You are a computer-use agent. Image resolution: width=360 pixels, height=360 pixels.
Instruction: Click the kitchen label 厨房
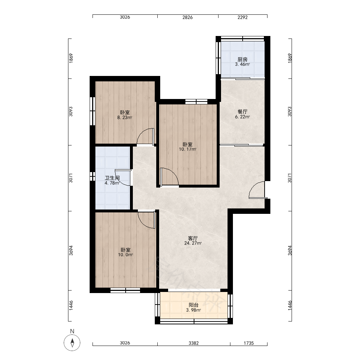point(242,59)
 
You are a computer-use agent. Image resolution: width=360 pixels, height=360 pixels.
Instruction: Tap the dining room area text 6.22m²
point(242,117)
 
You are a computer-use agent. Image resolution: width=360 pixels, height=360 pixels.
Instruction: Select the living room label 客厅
point(193,238)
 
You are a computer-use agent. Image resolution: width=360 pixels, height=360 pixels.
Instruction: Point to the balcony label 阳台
point(194,305)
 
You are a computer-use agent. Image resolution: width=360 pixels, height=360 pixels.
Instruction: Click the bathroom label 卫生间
point(112,178)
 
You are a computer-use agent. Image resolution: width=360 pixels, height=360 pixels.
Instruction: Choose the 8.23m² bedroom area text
point(125,118)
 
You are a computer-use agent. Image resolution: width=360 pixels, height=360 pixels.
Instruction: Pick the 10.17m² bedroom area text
point(188,149)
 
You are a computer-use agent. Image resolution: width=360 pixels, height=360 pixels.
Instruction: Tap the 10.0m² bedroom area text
point(126,255)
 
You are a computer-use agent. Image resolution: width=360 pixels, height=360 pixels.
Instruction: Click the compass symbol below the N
point(72,343)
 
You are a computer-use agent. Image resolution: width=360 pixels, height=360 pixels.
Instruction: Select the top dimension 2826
point(188,17)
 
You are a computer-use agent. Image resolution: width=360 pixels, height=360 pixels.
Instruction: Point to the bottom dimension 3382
point(194,343)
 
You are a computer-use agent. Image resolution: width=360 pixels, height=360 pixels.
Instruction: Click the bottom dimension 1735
point(249,343)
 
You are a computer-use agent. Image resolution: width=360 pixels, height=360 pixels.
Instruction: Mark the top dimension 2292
point(242,17)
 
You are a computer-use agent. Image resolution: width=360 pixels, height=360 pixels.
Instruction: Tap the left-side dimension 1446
point(71,306)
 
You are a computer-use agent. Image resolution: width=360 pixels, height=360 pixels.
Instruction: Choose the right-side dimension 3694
point(290,251)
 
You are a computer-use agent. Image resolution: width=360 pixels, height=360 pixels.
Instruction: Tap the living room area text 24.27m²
point(193,243)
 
